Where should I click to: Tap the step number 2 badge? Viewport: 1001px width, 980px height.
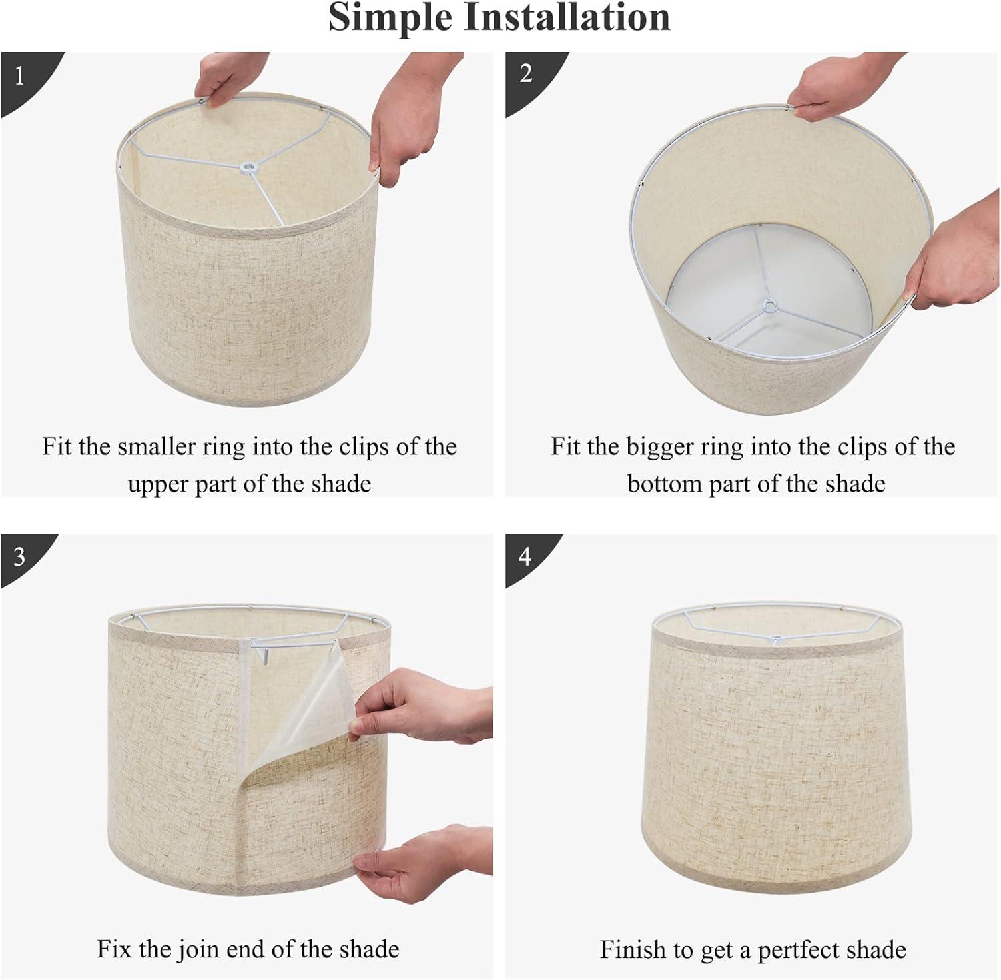pyautogui.click(x=526, y=73)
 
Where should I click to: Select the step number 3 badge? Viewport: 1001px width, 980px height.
pyautogui.click(x=19, y=556)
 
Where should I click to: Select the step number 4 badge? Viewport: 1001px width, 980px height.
pyautogui.click(x=525, y=556)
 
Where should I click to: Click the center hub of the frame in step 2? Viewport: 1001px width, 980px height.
pyautogui.click(x=771, y=306)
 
